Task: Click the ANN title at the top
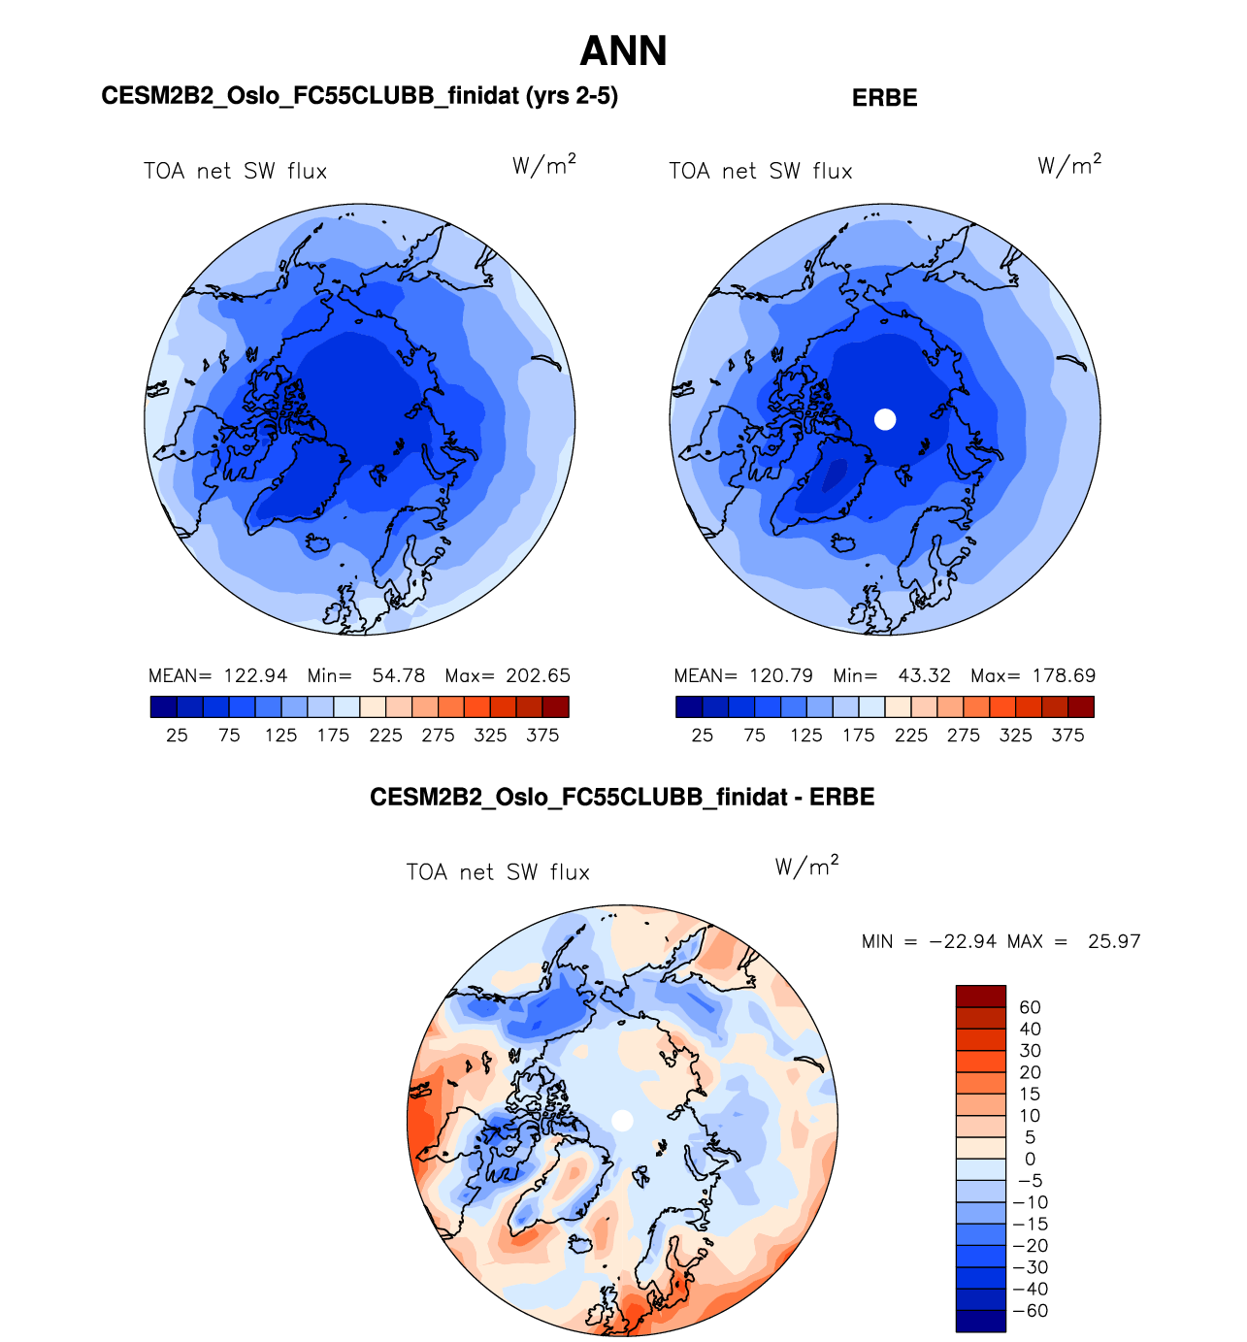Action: (623, 51)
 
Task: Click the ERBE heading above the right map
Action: (884, 98)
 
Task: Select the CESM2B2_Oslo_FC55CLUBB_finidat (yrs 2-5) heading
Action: (359, 96)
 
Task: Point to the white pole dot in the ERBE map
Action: (885, 419)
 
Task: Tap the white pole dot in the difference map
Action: (623, 1121)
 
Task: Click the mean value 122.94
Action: (256, 675)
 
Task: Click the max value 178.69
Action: (1065, 675)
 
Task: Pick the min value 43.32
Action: (924, 675)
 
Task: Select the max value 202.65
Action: (539, 675)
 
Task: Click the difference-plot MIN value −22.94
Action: (963, 941)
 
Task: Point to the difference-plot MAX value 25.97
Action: (1114, 941)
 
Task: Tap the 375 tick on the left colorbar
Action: (542, 736)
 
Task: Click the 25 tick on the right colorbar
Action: (702, 736)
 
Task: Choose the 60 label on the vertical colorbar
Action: (1030, 1007)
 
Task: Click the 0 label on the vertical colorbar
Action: (1030, 1159)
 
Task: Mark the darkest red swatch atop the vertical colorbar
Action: (980, 997)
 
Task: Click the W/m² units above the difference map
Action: (806, 866)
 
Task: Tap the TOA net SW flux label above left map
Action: (236, 172)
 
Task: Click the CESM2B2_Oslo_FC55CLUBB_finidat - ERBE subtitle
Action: (622, 798)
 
